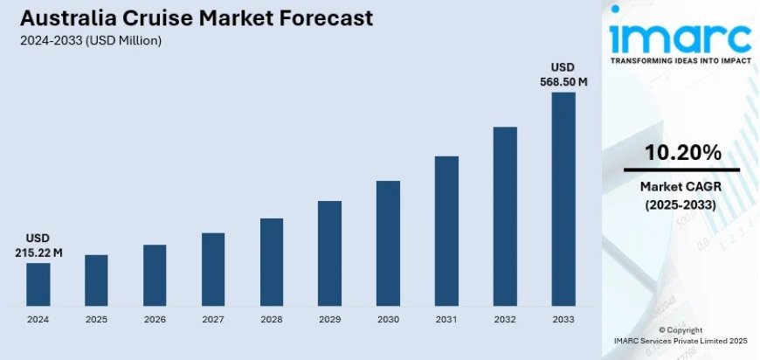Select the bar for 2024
38,284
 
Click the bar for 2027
213,269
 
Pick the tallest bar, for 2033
563,199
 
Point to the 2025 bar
96,280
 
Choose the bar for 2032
505,217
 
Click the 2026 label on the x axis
155,320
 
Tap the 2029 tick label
329,320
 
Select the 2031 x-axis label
446,320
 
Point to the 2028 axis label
272,320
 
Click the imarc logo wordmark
681,36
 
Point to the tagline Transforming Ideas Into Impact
681,62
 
